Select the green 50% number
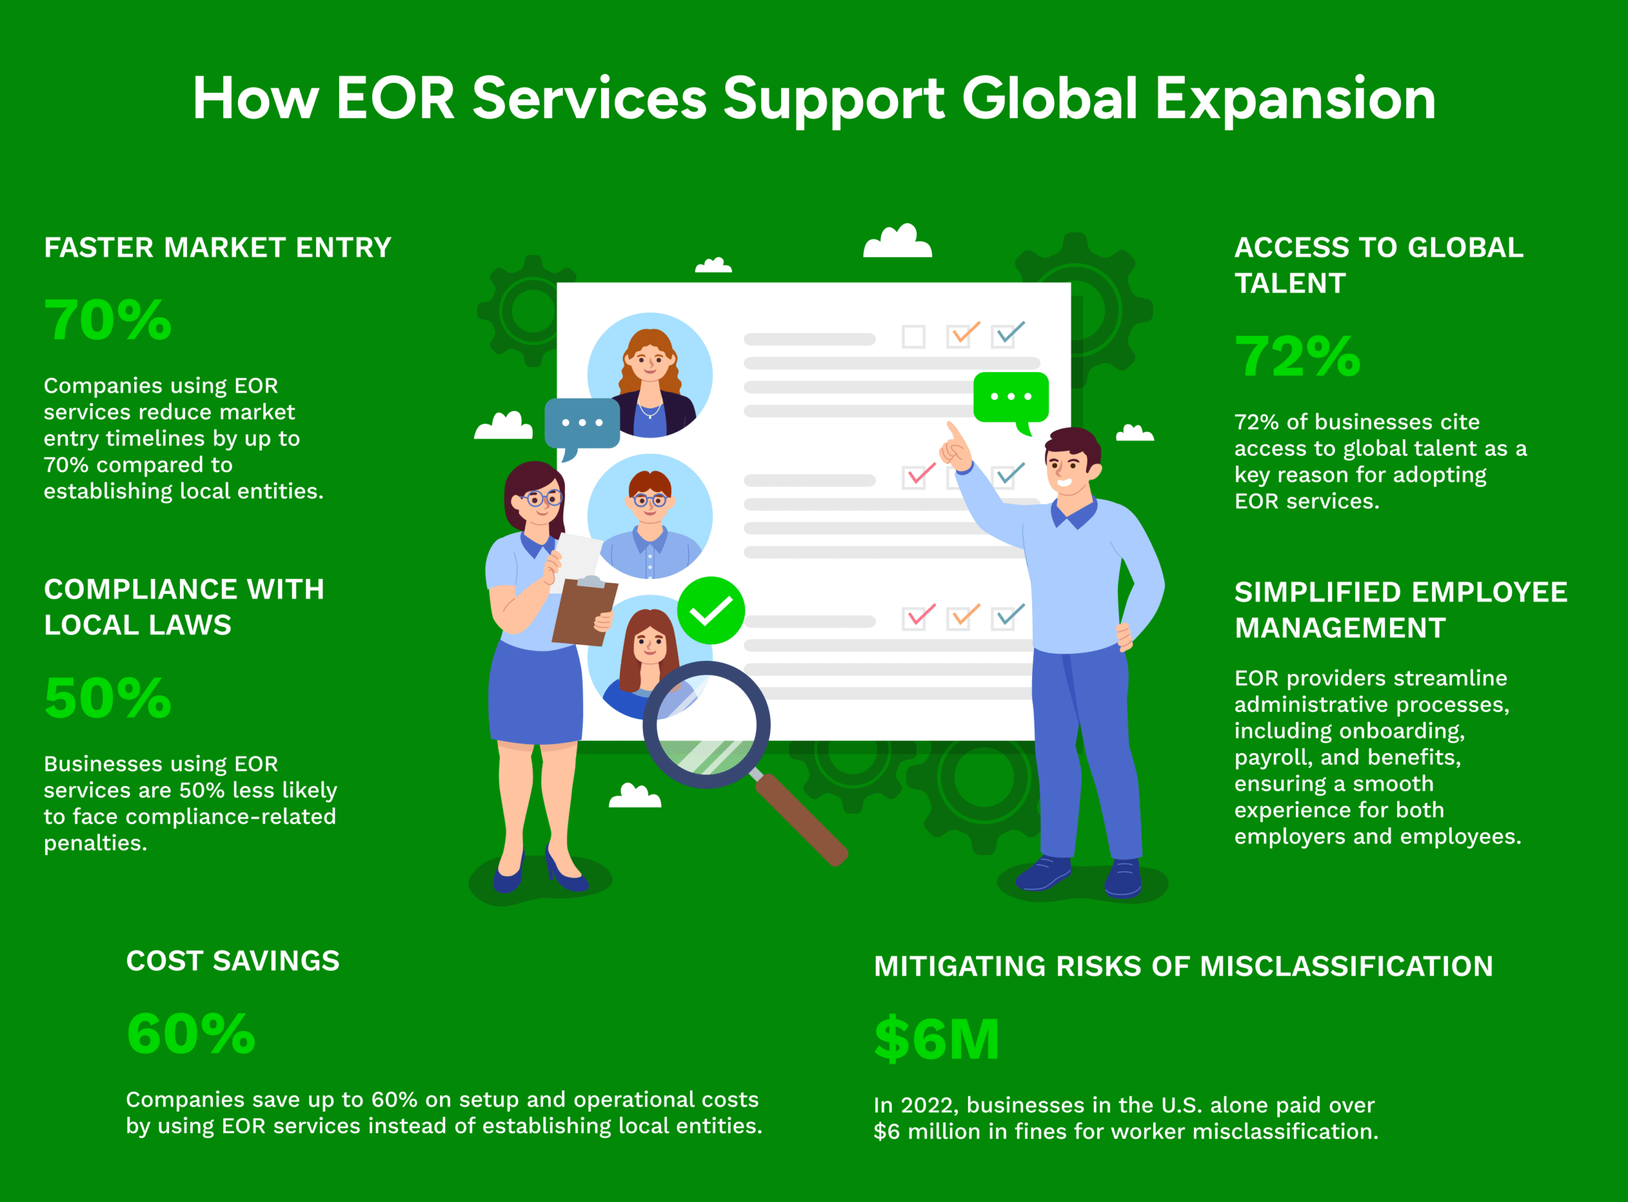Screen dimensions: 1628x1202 107,698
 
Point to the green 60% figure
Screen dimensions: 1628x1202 191,1033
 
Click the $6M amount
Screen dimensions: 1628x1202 937,1039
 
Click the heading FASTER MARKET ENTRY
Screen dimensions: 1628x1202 217,247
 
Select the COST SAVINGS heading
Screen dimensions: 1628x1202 233,960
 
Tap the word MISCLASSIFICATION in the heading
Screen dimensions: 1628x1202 1346,965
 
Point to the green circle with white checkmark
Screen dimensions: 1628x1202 711,611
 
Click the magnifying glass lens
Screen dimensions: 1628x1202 706,724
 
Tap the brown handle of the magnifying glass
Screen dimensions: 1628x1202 802,819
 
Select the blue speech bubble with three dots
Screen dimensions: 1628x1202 582,424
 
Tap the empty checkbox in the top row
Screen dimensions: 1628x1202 914,337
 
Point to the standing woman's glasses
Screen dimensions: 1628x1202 541,499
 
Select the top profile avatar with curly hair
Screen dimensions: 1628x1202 649,375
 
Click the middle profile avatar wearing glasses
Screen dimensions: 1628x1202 649,516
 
